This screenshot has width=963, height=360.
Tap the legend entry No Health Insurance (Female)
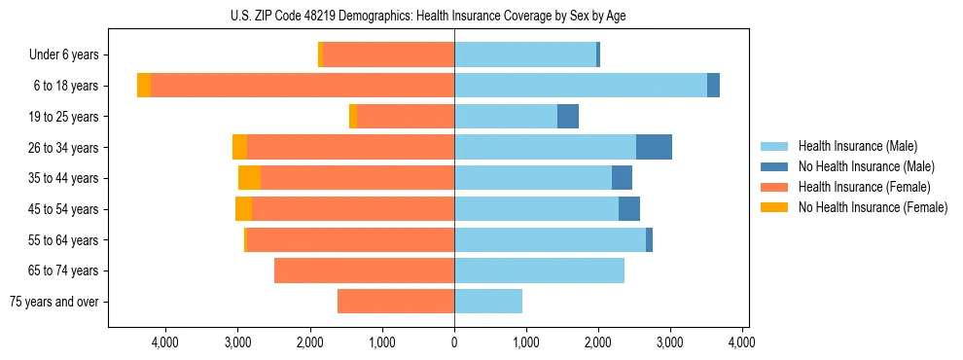pos(873,207)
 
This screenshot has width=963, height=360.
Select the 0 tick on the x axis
pos(454,342)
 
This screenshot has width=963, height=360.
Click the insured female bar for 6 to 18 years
pos(303,86)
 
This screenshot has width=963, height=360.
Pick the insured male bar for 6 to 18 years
pos(581,86)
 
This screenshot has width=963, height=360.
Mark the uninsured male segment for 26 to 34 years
pos(654,147)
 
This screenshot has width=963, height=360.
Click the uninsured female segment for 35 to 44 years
pos(249,178)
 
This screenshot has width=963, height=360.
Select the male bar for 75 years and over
pos(488,302)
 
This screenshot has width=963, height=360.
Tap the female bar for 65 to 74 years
pos(364,270)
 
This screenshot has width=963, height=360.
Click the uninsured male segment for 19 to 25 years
pos(568,117)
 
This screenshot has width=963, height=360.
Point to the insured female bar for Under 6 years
pos(388,55)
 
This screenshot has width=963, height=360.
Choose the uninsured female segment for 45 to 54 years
pos(243,209)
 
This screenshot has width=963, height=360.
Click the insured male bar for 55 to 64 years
pos(550,240)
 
